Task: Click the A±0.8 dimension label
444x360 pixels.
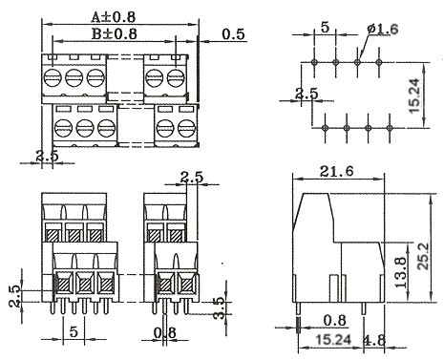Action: (x=114, y=17)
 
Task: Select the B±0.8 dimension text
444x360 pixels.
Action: (x=115, y=33)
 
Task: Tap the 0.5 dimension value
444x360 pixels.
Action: (x=234, y=34)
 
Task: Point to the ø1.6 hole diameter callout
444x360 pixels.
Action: (x=383, y=30)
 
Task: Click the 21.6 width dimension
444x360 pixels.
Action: (x=337, y=172)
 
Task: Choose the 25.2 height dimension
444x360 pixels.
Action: (x=424, y=257)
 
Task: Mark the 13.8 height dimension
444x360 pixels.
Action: (x=401, y=272)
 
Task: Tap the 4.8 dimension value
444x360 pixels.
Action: (x=374, y=341)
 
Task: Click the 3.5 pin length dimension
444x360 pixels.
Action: (x=221, y=307)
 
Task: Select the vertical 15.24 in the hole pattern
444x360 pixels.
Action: (x=414, y=95)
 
